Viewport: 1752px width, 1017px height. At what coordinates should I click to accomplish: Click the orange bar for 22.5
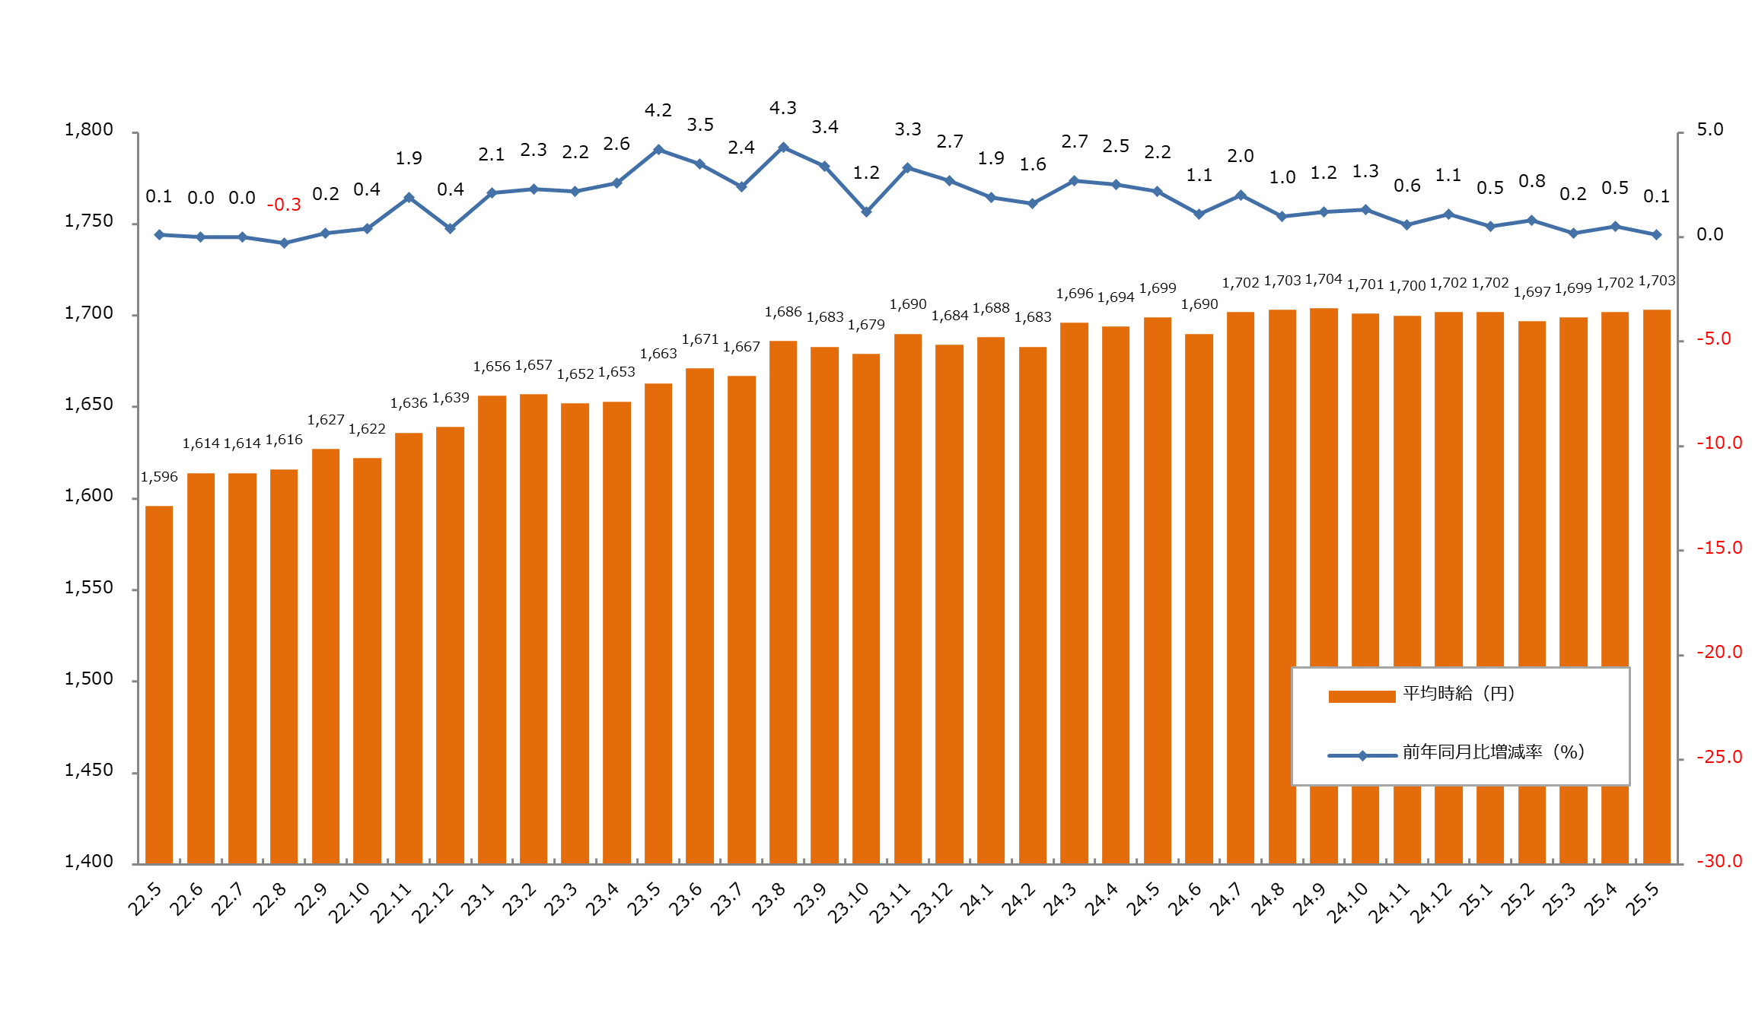click(159, 685)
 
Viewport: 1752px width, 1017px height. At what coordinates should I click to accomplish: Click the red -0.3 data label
click(284, 205)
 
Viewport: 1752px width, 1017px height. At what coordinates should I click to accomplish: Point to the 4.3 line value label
click(782, 108)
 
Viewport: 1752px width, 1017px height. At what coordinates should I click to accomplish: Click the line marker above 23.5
click(658, 150)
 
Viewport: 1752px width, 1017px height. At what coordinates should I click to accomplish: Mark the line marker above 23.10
click(866, 211)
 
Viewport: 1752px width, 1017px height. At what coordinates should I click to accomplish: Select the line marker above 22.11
click(409, 198)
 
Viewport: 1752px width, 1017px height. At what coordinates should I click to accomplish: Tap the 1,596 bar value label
click(159, 477)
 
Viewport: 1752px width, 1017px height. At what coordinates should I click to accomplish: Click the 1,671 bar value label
click(699, 339)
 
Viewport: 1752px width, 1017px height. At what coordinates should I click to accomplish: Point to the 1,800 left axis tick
click(89, 130)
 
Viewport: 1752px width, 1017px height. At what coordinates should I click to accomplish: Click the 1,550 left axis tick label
click(89, 588)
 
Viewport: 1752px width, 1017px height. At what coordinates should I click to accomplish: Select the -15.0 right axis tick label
click(1719, 548)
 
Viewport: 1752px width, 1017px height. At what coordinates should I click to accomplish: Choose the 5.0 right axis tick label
click(1709, 130)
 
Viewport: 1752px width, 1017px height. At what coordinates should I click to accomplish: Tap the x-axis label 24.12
click(1431, 904)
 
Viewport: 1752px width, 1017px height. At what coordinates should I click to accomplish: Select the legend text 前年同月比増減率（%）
click(1493, 752)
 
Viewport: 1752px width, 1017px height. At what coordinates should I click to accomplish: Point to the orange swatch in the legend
click(1361, 696)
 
